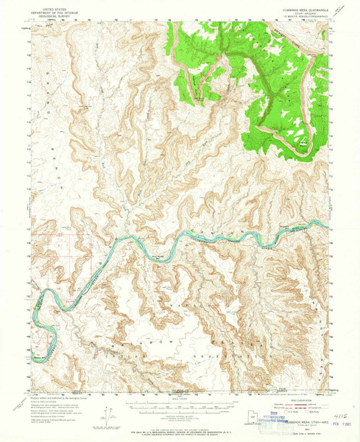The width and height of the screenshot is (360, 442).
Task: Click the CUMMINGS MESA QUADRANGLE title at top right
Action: coord(289,5)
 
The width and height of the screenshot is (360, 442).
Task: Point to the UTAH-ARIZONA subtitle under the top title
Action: coord(289,10)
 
